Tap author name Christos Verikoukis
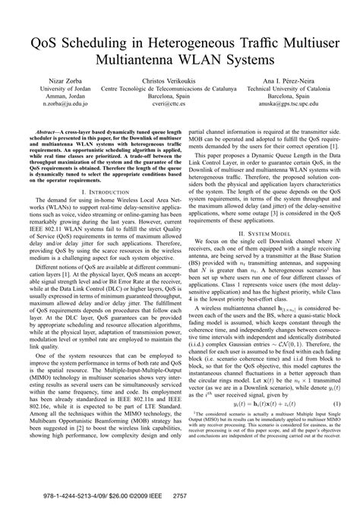pyautogui.click(x=179, y=80)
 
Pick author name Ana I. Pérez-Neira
pyautogui.click(x=297, y=80)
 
